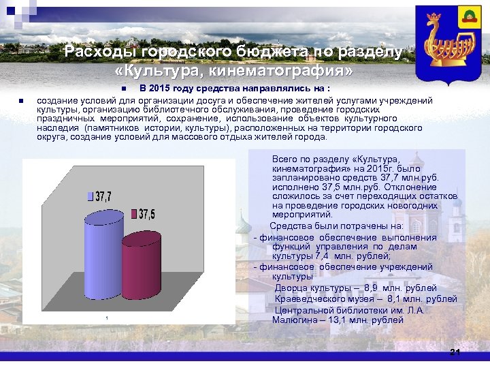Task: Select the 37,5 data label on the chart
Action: tap(147, 215)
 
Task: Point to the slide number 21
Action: tap(455, 352)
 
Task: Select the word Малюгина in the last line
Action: tap(293, 320)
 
